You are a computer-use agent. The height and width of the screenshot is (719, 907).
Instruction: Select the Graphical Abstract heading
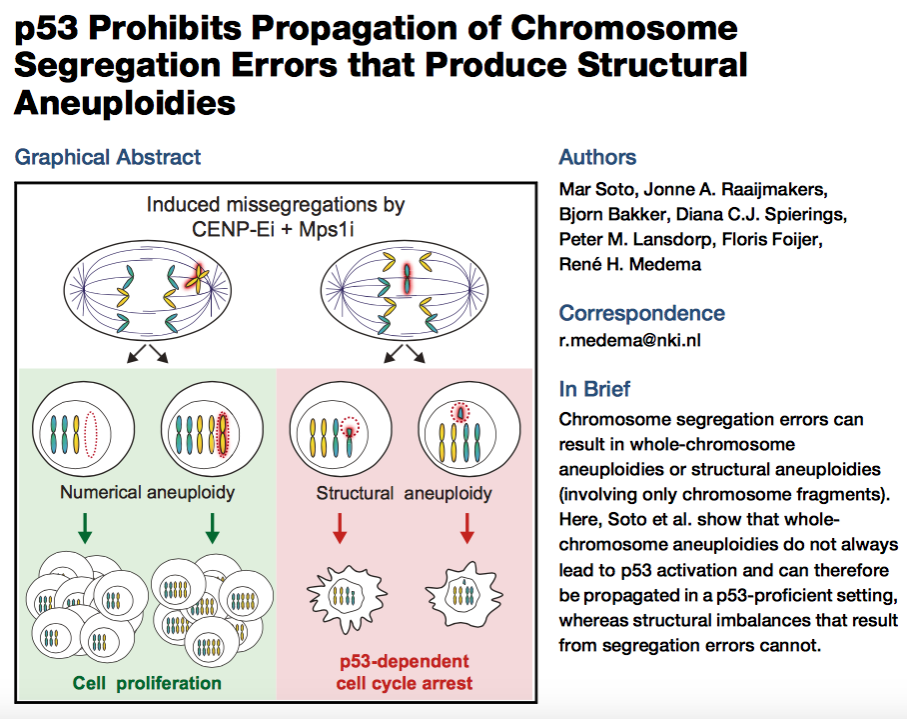click(x=108, y=157)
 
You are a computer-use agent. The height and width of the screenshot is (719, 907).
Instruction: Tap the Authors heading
click(x=597, y=157)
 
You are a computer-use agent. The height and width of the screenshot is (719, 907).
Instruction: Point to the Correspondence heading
click(x=641, y=313)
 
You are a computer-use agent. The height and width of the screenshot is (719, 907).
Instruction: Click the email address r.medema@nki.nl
click(x=630, y=341)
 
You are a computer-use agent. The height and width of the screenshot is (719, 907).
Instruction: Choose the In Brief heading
click(x=594, y=390)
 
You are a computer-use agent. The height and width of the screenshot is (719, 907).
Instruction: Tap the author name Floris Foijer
click(x=779, y=240)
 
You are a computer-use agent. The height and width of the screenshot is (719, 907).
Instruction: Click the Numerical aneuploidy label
click(x=147, y=492)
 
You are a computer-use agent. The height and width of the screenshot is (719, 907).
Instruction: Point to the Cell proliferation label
click(x=146, y=684)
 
